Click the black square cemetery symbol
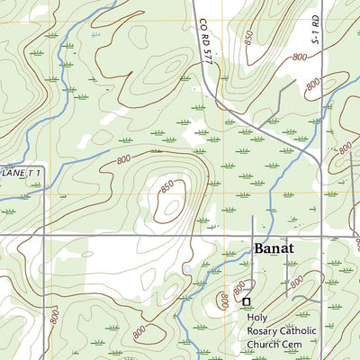click(x=246, y=301)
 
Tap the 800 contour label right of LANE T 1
click(x=123, y=159)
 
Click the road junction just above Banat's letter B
click(x=253, y=237)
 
